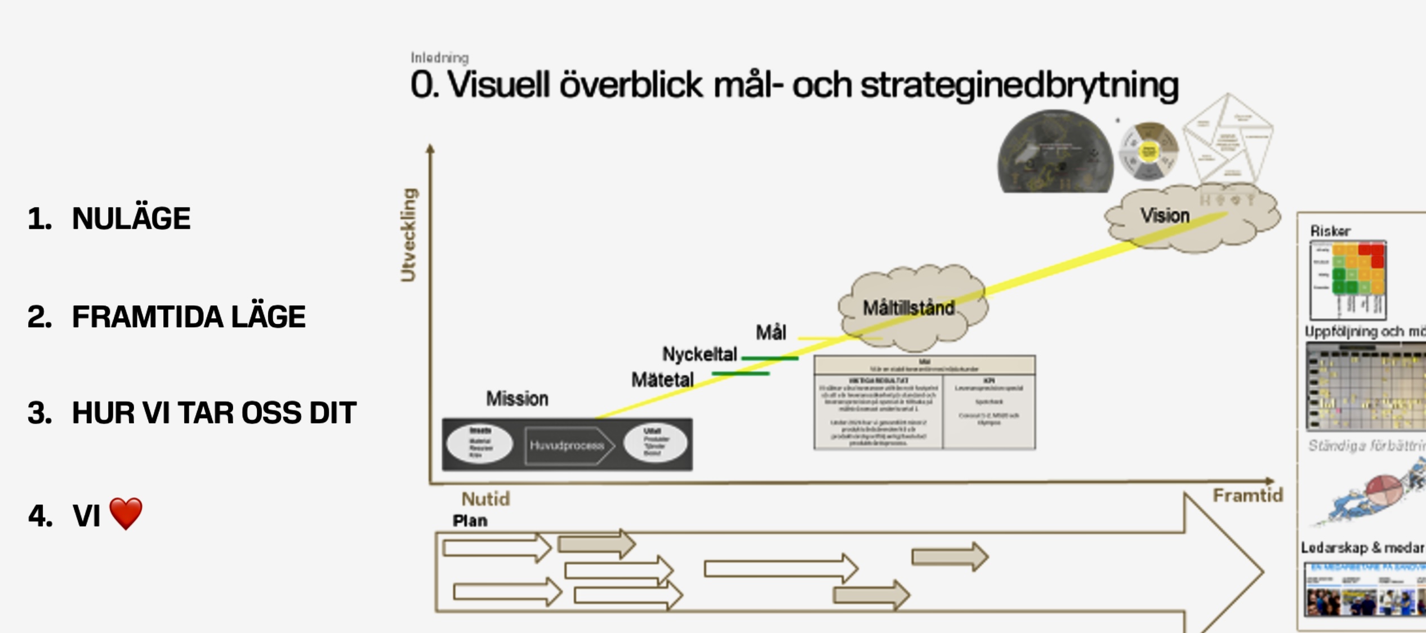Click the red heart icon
tap(126, 513)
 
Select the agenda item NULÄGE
tap(131, 219)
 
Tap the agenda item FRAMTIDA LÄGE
tap(189, 316)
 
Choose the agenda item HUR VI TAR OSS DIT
tap(214, 413)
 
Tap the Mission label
tap(517, 399)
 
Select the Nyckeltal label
tap(699, 354)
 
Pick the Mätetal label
tap(662, 380)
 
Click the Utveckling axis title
tap(408, 235)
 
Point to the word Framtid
tap(1247, 496)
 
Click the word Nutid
tap(485, 499)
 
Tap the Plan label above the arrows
tap(470, 521)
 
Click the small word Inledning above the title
tap(439, 58)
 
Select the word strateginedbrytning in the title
tap(1019, 86)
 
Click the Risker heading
tap(1330, 231)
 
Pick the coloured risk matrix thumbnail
tap(1348, 280)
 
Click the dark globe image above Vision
tap(1055, 152)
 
